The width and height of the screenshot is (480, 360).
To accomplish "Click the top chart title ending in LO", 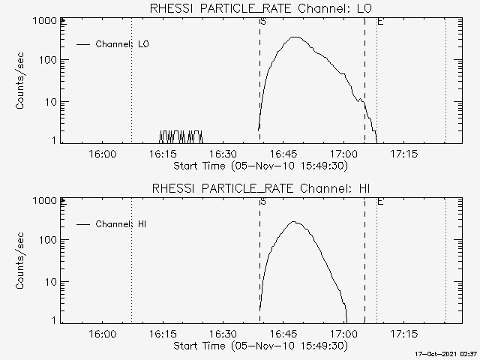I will [261, 9].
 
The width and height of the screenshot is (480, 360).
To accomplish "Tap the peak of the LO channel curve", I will [295, 37].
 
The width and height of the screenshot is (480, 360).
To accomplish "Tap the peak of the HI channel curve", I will [292, 222].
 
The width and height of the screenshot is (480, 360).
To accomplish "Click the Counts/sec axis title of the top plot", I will [22, 81].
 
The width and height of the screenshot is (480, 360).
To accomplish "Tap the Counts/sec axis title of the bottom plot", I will [22, 261].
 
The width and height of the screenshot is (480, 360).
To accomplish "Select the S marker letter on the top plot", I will [262, 22].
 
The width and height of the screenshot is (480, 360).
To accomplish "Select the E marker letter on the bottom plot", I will [380, 202].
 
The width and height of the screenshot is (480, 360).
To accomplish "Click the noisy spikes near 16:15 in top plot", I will [181, 136].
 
